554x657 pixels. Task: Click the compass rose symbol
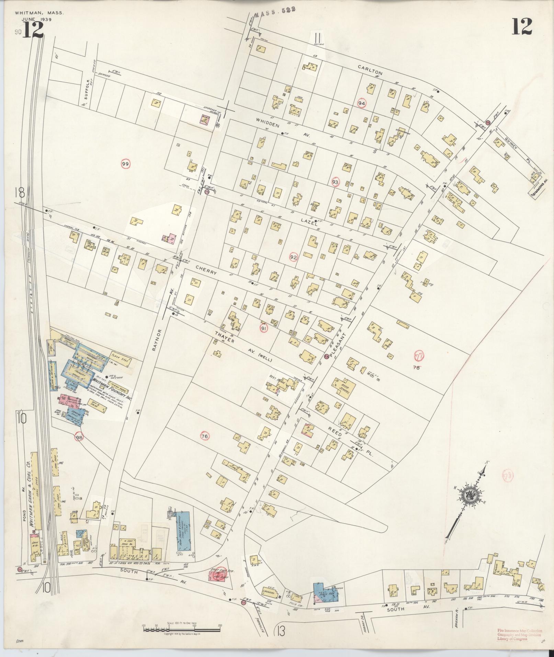pyautogui.click(x=469, y=495)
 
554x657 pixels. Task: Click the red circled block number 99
pyautogui.click(x=126, y=165)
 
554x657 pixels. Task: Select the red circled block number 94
pyautogui.click(x=361, y=103)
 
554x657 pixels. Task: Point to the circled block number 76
pyautogui.click(x=205, y=436)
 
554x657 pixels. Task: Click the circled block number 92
pyautogui.click(x=293, y=257)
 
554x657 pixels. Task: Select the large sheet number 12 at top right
pyautogui.click(x=522, y=27)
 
